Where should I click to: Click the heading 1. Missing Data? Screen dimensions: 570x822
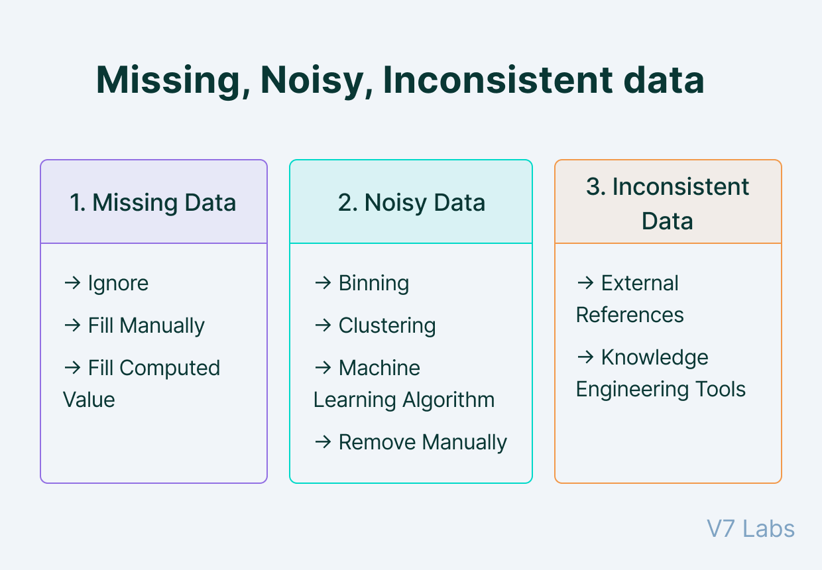click(x=153, y=203)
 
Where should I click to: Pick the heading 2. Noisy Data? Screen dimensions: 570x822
click(x=411, y=203)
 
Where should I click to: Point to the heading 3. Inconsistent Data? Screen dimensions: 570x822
click(x=668, y=203)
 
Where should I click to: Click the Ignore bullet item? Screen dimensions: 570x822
click(x=118, y=284)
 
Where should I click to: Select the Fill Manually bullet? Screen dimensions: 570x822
click(x=146, y=326)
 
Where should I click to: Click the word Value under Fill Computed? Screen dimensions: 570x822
click(x=89, y=400)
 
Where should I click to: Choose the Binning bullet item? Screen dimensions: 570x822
click(x=373, y=284)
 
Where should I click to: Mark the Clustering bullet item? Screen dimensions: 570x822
click(x=387, y=326)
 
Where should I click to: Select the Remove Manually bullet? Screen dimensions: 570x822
click(x=422, y=442)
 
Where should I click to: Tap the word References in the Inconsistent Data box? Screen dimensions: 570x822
click(x=630, y=315)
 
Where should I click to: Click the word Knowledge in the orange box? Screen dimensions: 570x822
click(x=654, y=358)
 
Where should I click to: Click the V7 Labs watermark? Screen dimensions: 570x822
click(x=750, y=529)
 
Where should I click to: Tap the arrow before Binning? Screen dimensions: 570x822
click(x=322, y=283)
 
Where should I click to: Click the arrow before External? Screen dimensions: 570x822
click(x=585, y=283)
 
